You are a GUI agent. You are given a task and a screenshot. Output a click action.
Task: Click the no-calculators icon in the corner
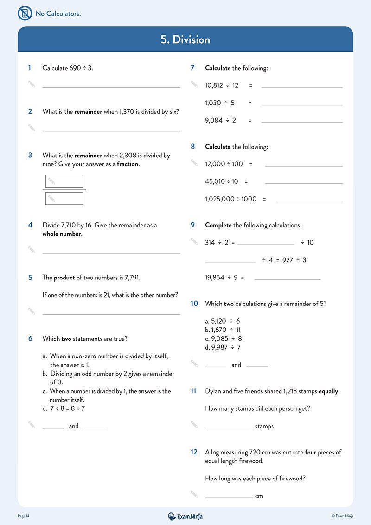pos(25,13)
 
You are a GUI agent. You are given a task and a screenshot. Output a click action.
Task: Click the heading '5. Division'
pos(185,39)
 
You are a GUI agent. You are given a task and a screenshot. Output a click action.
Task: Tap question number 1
pos(30,68)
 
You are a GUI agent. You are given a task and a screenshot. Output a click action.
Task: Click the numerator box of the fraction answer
pos(64,181)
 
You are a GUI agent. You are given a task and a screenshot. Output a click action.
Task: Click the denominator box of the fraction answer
pos(64,199)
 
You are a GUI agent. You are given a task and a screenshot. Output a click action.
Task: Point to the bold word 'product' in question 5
pos(64,278)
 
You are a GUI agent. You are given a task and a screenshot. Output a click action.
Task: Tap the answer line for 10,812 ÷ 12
pos(302,86)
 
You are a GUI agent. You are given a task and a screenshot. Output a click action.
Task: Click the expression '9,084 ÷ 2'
pos(221,120)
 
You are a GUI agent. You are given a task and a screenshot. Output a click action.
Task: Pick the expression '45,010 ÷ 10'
pos(222,181)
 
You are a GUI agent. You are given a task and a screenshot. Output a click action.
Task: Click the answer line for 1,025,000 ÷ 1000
pos(309,200)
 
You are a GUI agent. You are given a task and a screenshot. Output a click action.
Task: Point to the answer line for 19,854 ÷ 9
pos(288,279)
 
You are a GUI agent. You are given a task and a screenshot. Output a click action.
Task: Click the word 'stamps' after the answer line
pos(264,426)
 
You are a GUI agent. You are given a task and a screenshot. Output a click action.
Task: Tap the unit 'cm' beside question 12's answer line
pos(259,496)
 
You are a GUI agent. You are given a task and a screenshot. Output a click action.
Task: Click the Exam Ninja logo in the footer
pos(185,516)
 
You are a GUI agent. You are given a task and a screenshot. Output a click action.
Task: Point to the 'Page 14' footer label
pos(24,516)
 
